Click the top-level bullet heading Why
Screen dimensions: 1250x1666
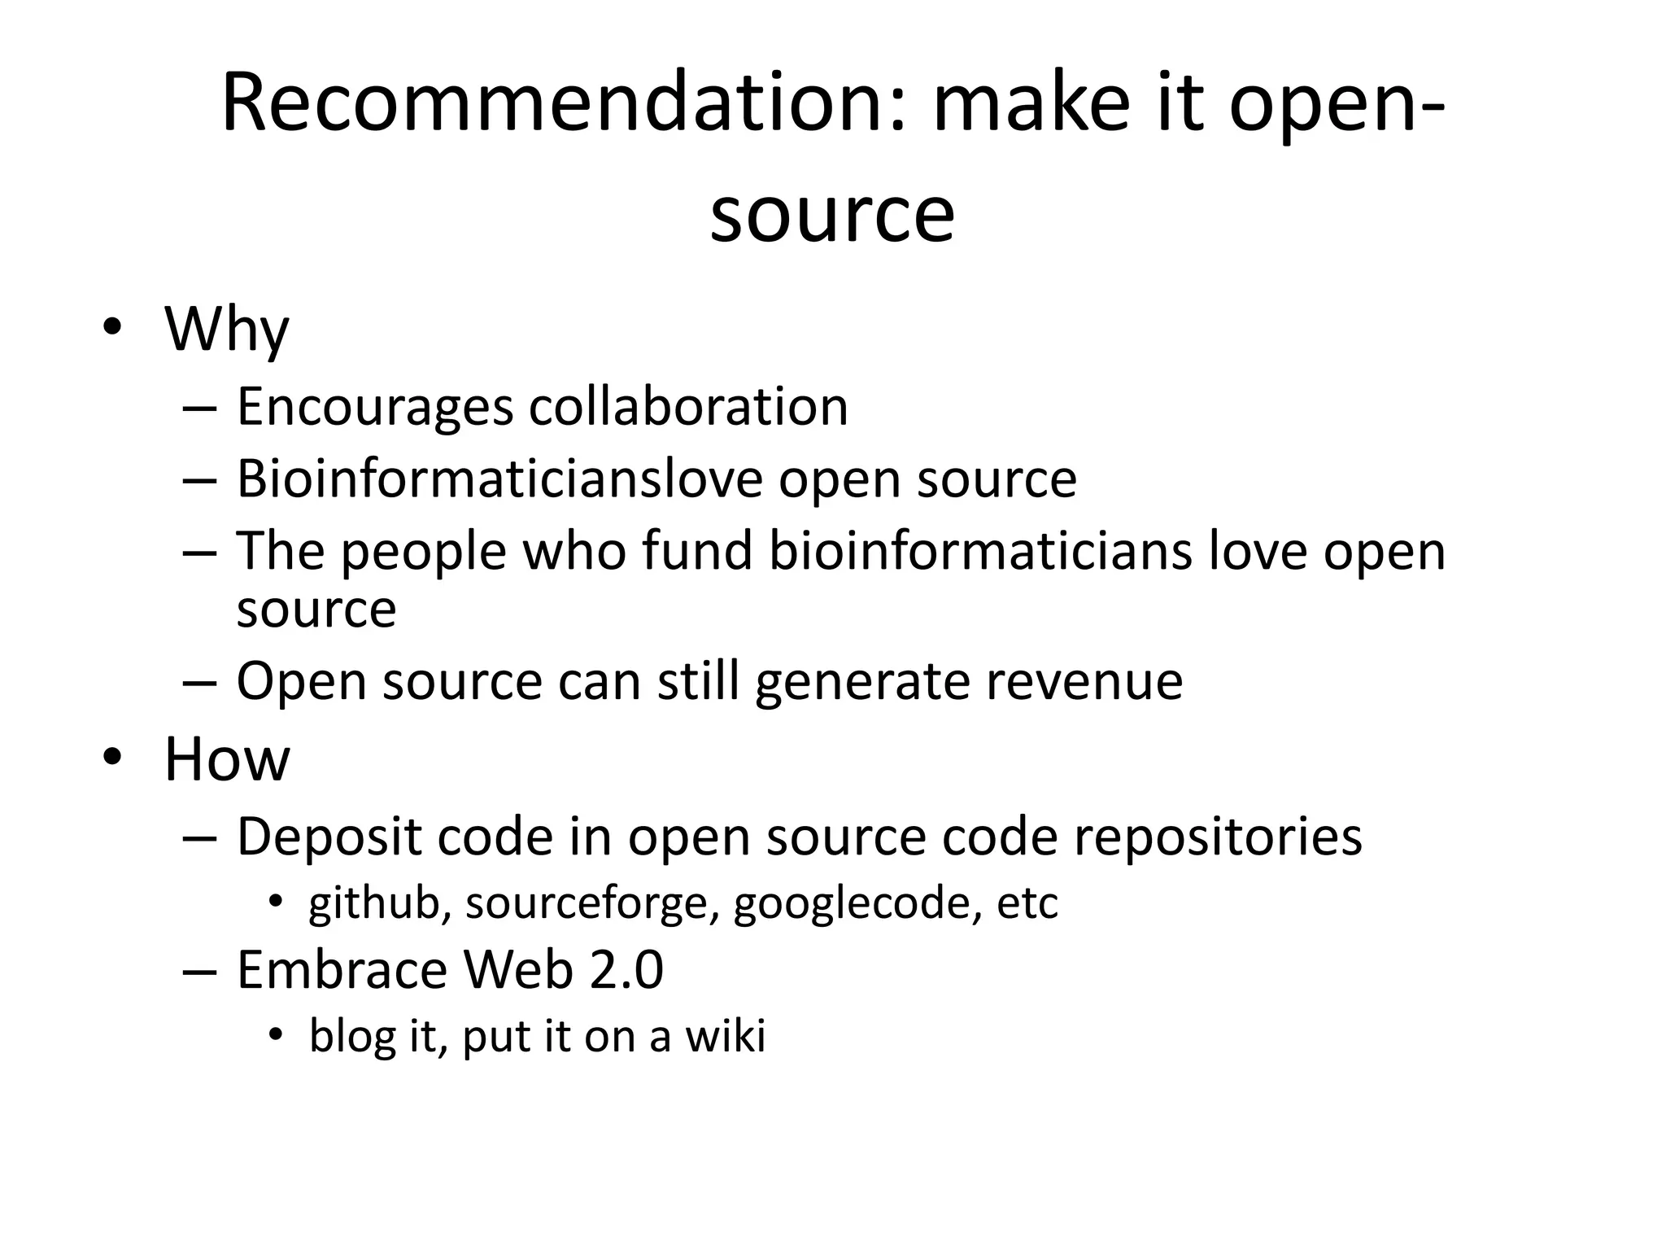(x=226, y=330)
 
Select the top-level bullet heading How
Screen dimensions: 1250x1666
(x=226, y=759)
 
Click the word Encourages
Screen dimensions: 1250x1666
(x=374, y=406)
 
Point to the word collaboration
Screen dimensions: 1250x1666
(x=688, y=406)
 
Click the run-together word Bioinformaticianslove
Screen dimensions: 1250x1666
(x=499, y=479)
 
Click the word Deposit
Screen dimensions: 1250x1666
(x=329, y=837)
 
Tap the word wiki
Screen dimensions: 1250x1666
(x=726, y=1036)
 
